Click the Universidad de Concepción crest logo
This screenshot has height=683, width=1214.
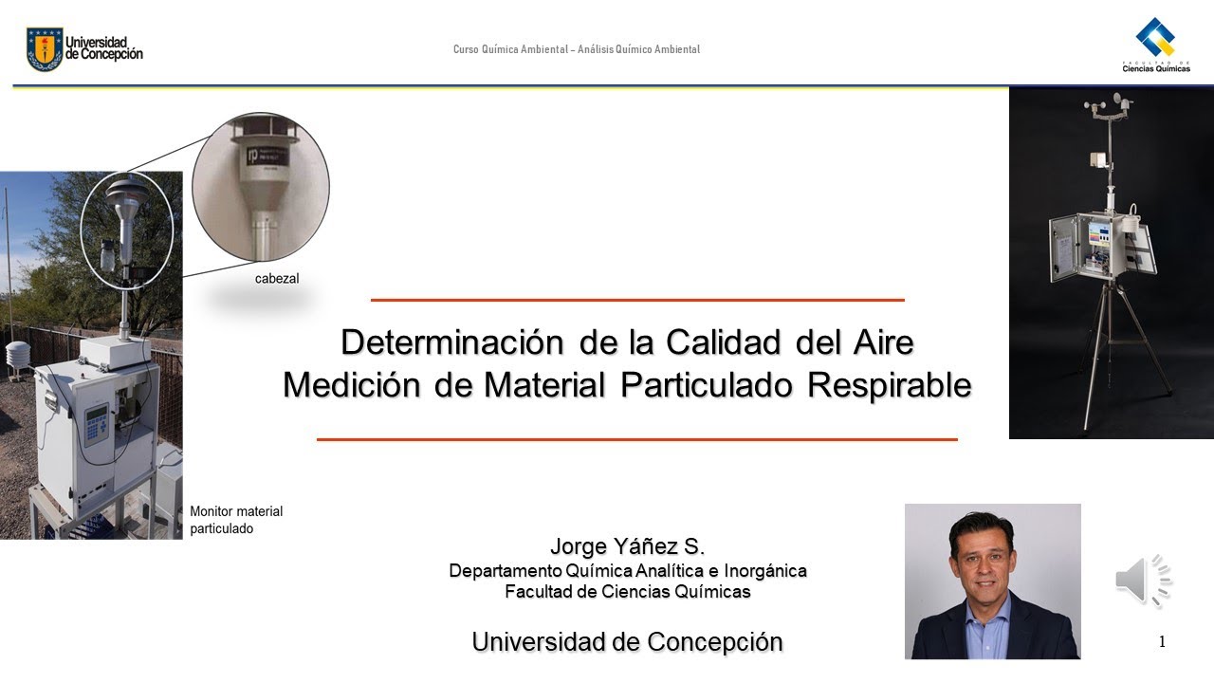44,48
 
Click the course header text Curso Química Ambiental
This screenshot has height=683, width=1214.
576,49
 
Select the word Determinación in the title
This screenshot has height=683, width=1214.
453,342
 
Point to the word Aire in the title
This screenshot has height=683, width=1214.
881,342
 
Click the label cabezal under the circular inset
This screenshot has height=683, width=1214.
277,279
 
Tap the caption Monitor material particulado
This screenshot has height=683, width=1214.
236,520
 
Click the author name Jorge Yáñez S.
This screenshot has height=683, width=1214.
628,547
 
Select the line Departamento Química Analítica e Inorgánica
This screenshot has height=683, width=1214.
628,571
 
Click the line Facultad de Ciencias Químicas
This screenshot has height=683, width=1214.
628,592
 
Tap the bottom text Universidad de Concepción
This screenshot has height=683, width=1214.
628,642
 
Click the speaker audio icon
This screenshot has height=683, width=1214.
1143,580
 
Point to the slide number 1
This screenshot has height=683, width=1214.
1162,643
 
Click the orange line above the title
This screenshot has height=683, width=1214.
637,300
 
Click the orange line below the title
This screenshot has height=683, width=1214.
637,440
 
